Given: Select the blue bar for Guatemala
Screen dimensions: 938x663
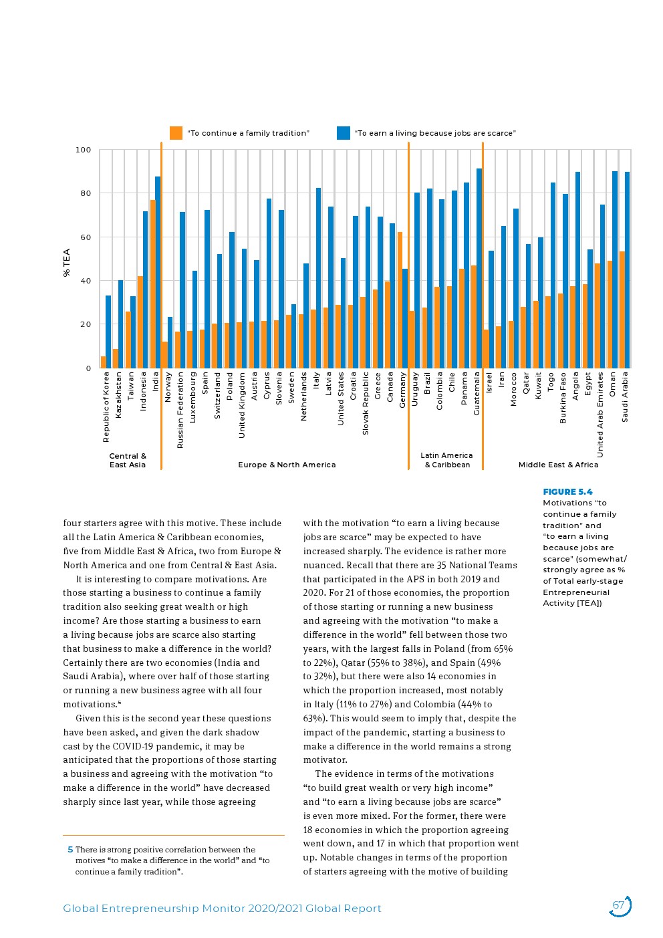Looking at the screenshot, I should click(479, 267).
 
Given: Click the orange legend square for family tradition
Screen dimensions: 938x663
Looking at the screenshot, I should click(176, 133).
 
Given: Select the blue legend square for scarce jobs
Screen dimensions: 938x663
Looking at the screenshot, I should click(344, 133).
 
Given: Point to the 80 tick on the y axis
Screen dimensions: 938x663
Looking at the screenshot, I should click(83, 194).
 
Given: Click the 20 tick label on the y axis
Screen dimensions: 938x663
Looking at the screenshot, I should click(86, 325).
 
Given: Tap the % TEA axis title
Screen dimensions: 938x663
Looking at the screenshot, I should click(66, 262).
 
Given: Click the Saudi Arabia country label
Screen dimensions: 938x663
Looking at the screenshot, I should click(625, 396).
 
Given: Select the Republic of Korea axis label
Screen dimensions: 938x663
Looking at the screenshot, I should click(106, 406).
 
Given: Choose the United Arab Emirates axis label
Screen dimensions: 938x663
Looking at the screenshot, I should click(600, 415).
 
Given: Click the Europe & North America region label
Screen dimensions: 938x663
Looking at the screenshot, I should click(287, 465).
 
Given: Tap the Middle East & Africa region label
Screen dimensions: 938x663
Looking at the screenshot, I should click(558, 465).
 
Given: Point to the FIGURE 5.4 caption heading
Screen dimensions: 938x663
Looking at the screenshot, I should click(567, 492).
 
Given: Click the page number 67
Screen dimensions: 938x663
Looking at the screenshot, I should click(619, 905).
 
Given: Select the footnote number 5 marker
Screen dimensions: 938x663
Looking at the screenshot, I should click(70, 850).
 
